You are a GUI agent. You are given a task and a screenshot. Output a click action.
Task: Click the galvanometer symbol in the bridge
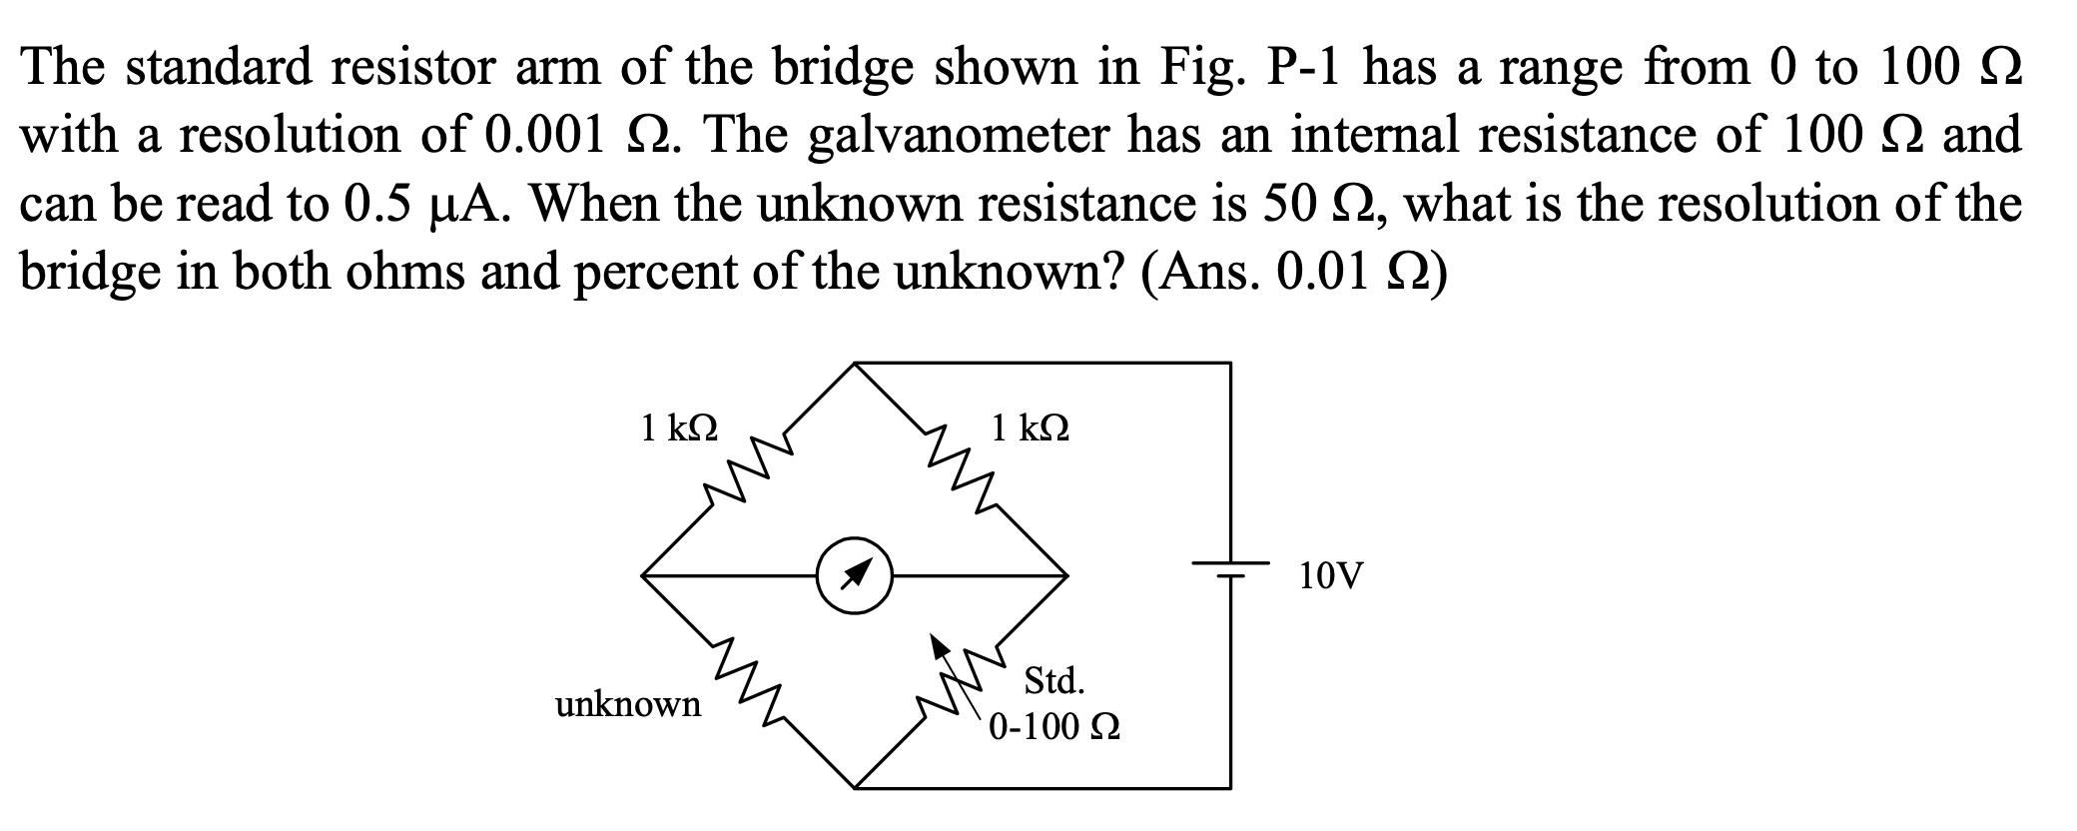click(x=854, y=576)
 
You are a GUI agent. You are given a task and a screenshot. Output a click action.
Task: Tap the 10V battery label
click(x=1331, y=576)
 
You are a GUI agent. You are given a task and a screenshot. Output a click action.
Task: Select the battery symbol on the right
click(x=1230, y=570)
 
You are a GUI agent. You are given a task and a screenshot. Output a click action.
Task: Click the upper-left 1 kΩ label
click(x=678, y=428)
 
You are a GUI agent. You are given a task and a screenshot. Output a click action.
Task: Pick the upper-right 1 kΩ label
click(x=1031, y=428)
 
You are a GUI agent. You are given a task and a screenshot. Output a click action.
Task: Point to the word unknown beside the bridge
click(x=628, y=705)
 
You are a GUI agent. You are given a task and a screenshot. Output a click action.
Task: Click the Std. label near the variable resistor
click(x=1054, y=682)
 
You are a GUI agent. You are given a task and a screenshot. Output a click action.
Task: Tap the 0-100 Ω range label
click(x=1054, y=726)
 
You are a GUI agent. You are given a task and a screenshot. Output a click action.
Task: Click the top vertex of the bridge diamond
click(x=854, y=364)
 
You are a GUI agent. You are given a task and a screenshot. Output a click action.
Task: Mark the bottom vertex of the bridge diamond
click(x=854, y=788)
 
